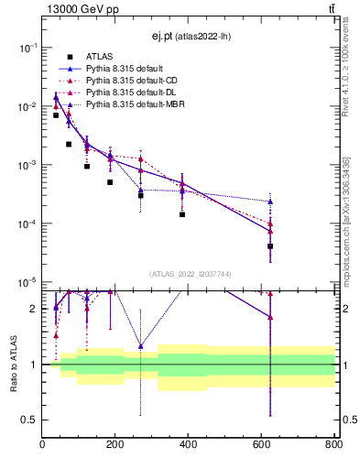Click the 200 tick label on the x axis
click(115, 444)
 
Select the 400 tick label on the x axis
click(188, 444)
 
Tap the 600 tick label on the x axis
click(261, 444)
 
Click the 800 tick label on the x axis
click(332, 444)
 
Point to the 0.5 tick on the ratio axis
click(29, 420)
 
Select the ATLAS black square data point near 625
click(270, 246)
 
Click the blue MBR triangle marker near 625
click(270, 202)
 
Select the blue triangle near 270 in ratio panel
click(140, 346)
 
